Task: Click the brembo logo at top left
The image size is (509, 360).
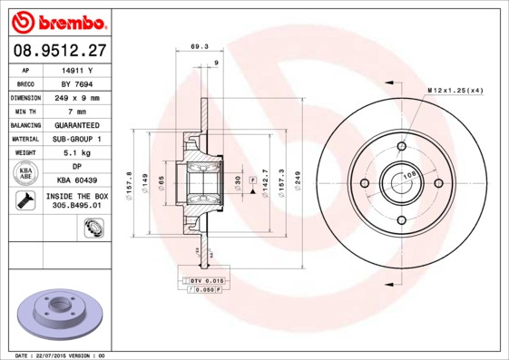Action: (59, 21)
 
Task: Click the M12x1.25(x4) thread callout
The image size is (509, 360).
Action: (455, 91)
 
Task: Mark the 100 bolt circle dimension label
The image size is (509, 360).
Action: (409, 175)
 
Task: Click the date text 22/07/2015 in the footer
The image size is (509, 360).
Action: (62, 355)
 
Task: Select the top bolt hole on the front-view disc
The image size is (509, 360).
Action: (401, 146)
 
